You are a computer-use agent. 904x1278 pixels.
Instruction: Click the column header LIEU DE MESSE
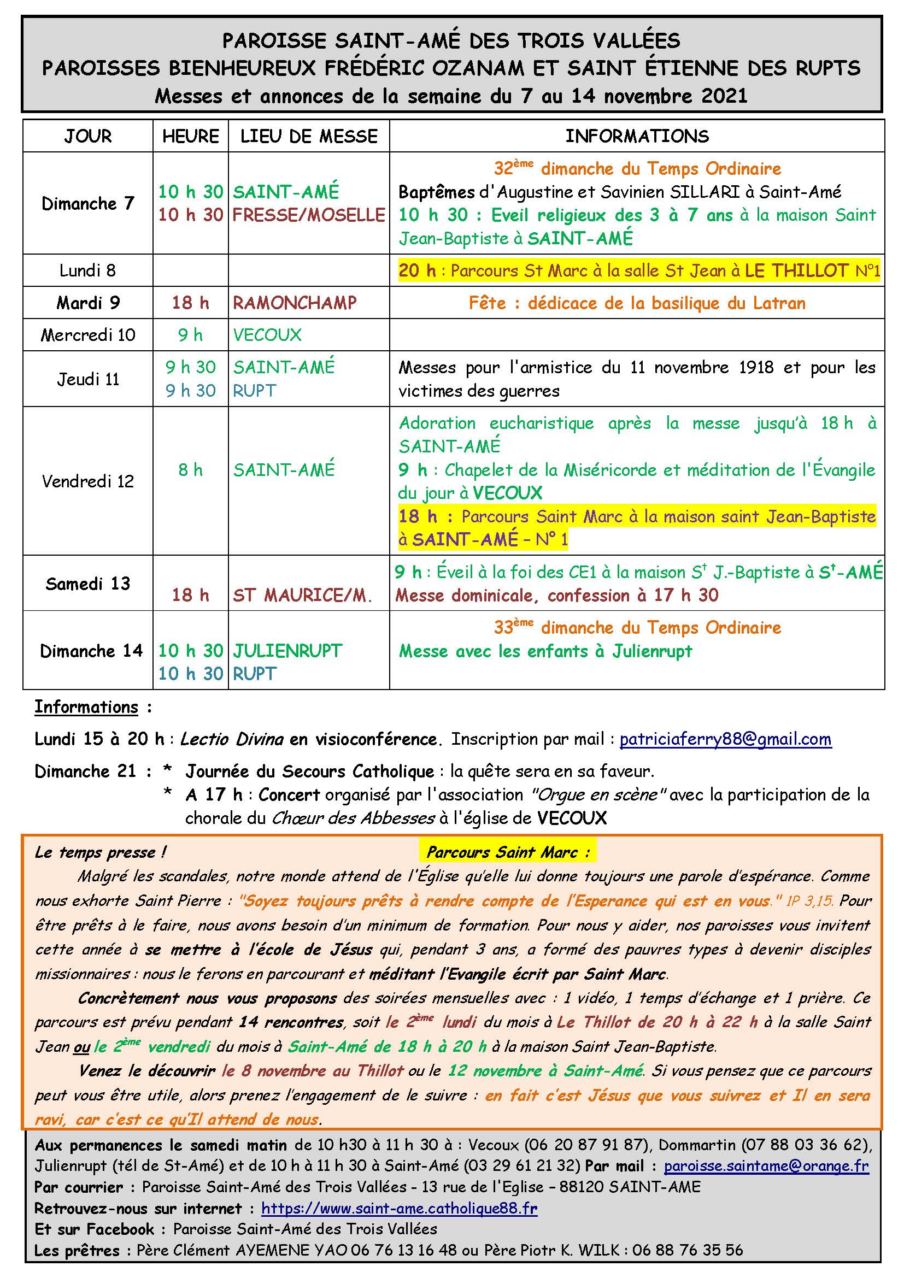(x=308, y=137)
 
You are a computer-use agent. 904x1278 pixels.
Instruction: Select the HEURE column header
(x=190, y=137)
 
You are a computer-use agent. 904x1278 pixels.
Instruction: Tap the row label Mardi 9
(x=88, y=303)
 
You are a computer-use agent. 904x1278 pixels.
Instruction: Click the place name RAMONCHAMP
(x=295, y=303)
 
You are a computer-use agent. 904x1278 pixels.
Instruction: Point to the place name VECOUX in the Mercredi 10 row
(x=267, y=335)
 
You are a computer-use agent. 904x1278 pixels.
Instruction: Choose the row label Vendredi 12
(x=88, y=481)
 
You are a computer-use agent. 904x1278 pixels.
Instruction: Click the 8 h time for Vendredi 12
(x=190, y=470)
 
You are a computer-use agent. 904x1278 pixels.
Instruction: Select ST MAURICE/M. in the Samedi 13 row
(x=302, y=596)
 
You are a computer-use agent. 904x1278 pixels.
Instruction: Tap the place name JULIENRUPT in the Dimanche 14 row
(x=287, y=651)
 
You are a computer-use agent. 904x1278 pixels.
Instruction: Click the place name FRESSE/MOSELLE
(x=308, y=215)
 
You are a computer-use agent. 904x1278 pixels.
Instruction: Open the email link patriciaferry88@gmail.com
(x=725, y=739)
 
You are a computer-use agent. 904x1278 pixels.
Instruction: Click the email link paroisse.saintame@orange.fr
(x=766, y=1165)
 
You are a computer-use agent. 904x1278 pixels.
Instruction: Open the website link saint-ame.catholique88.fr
(x=399, y=1209)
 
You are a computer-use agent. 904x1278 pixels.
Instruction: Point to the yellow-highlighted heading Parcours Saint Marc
(x=508, y=852)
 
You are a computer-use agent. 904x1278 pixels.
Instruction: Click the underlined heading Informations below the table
(x=86, y=707)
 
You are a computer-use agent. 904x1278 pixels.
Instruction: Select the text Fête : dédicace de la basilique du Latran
(x=637, y=303)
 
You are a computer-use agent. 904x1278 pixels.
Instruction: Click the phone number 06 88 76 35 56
(x=688, y=1250)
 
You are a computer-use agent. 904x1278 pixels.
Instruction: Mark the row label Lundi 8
(x=88, y=270)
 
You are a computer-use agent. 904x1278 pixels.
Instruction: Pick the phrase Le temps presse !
(x=100, y=853)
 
